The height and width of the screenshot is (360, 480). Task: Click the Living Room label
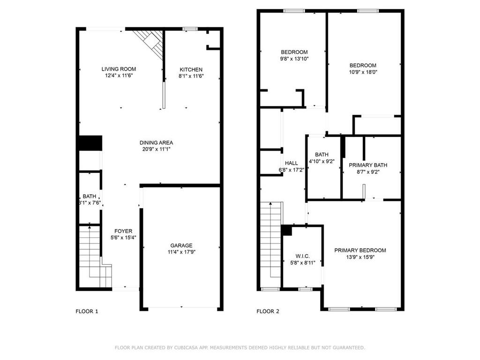119,69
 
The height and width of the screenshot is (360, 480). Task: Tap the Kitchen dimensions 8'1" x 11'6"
190,76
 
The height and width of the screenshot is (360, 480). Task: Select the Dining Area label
156,142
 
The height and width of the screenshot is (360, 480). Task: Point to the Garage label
181,246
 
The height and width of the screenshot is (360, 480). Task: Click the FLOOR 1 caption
87,311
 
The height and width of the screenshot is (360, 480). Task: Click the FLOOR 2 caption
268,311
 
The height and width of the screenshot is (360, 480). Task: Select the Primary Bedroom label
360,250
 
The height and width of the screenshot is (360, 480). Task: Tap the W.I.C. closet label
302,256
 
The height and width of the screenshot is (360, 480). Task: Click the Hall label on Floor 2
291,163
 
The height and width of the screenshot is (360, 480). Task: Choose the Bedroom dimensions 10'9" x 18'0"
363,72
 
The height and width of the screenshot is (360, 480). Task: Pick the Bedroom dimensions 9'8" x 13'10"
294,59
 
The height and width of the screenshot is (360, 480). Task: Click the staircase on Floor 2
270,244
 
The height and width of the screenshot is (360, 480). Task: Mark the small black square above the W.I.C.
286,230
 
